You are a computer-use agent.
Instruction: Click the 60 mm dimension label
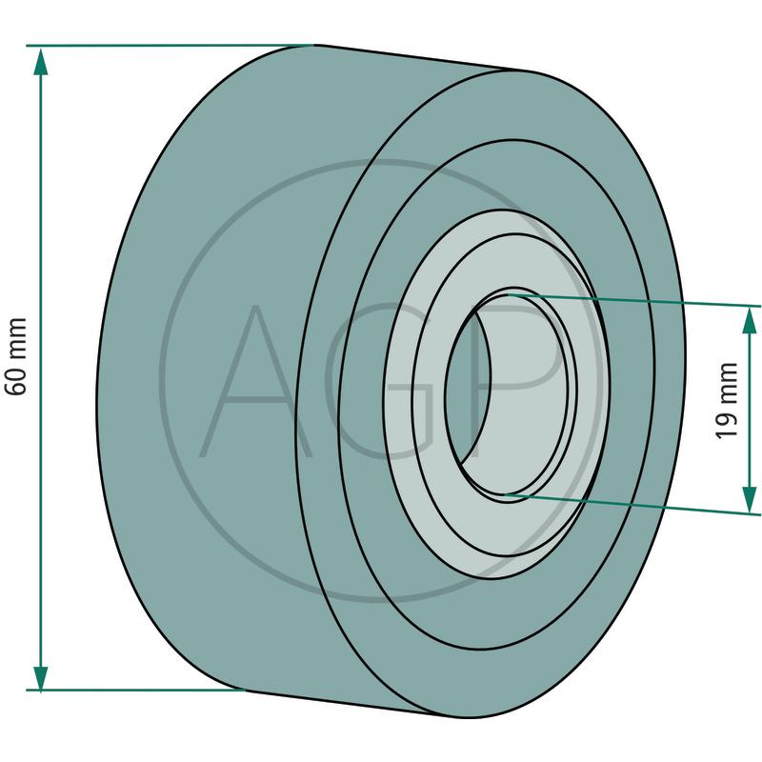click(15, 356)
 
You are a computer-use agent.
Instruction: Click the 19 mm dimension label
click(728, 401)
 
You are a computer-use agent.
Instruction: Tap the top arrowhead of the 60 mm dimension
click(41, 61)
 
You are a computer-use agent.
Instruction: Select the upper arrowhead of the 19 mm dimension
click(750, 321)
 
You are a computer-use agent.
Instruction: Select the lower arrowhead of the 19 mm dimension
click(750, 499)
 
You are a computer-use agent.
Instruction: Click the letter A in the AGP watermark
click(255, 382)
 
